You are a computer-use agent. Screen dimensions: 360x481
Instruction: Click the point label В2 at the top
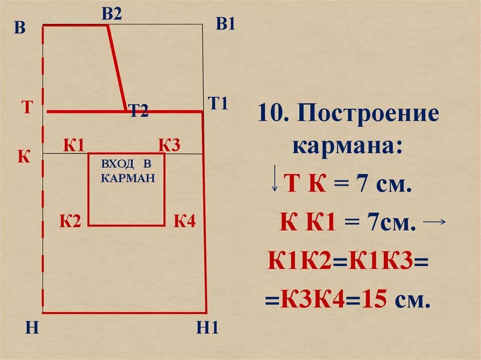tap(112, 14)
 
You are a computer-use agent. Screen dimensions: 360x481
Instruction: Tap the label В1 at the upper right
tap(225, 24)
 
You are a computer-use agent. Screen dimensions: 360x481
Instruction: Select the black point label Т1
tap(218, 103)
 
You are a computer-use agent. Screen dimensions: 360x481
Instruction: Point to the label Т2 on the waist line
tap(139, 111)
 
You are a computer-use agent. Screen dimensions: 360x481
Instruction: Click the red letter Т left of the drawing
tap(27, 107)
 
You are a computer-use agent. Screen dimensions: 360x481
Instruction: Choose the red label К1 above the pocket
tap(74, 146)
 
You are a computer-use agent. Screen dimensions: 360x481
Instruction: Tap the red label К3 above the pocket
tap(169, 146)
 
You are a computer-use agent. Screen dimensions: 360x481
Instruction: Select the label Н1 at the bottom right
tap(208, 327)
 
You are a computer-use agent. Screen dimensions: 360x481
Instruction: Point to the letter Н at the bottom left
tap(31, 328)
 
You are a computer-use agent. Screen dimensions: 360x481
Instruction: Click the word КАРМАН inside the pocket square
tap(128, 178)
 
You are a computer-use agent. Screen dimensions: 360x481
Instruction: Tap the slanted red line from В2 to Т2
tap(116, 68)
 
